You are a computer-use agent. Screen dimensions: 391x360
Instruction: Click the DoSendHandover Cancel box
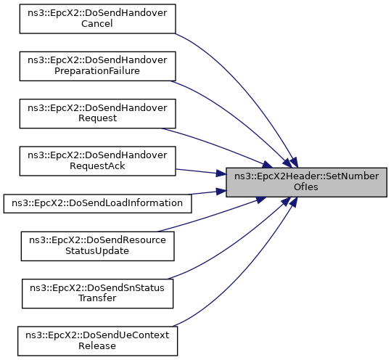97,19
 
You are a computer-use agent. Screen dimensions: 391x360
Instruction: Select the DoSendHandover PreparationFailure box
97,66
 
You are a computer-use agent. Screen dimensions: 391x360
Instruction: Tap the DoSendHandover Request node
97,113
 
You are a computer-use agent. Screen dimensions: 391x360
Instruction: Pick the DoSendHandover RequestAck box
97,161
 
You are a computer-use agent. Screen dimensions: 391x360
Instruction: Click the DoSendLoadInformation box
97,203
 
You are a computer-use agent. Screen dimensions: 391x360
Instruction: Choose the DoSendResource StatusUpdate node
97,246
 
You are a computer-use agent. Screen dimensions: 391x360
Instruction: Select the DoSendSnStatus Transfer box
97,294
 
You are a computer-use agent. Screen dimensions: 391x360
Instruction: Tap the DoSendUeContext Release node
97,341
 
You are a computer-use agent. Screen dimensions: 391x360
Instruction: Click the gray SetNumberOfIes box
306,182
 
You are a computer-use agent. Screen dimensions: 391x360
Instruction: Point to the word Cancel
97,24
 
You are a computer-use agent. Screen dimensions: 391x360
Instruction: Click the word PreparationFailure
97,71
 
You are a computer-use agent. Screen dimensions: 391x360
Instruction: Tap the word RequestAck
97,166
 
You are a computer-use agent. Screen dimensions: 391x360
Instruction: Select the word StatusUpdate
97,251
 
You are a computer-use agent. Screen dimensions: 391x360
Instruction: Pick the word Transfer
97,298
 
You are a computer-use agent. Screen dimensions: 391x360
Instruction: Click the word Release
97,346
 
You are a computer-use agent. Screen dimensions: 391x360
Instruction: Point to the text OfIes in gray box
306,187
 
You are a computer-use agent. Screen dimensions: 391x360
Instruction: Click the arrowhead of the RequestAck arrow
221,173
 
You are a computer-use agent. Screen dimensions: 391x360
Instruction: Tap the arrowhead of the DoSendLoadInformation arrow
221,192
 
